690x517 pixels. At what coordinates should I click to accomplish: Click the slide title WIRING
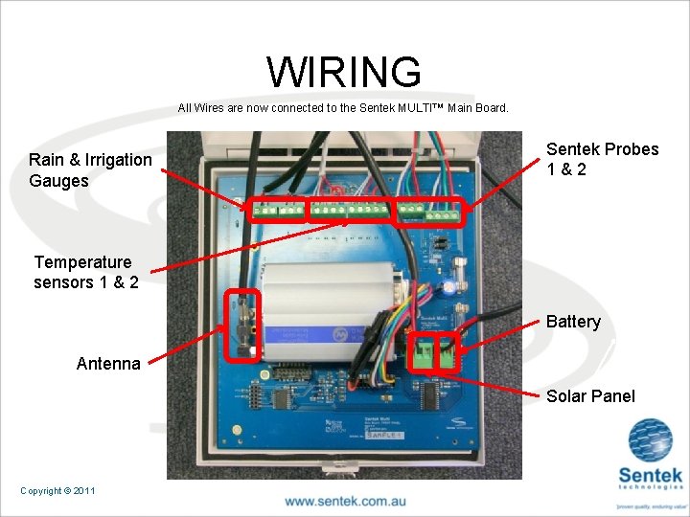(343, 72)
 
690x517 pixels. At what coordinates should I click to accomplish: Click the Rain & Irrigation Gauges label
(90, 169)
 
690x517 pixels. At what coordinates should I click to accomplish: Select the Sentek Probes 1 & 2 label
(602, 159)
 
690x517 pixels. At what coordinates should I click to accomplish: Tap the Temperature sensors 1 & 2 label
(85, 272)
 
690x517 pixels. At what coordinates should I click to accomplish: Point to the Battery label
(573, 322)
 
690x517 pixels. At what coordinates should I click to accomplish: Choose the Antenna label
(108, 363)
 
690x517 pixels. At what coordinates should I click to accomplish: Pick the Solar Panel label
(590, 396)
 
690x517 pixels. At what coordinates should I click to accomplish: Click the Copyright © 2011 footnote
(57, 490)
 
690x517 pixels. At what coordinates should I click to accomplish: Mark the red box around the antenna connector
(241, 326)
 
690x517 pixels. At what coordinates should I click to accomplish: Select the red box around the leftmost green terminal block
(278, 212)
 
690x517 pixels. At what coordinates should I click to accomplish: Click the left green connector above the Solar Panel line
(423, 353)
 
